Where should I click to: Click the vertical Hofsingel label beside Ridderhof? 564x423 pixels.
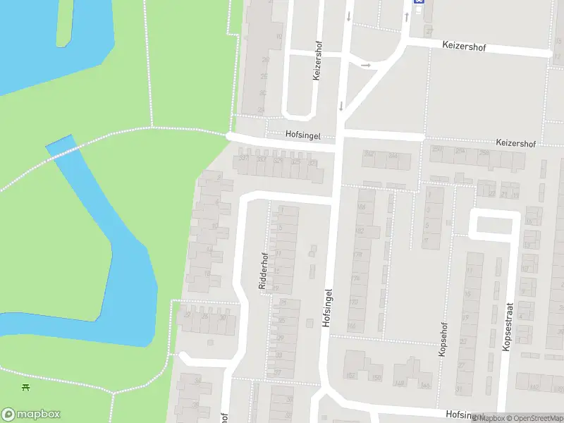(326, 307)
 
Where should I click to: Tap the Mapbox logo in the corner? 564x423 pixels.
(31, 415)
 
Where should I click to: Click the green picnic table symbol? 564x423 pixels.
(26, 387)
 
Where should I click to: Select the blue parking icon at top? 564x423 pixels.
(419, 2)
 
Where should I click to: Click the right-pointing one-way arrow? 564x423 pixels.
(365, 65)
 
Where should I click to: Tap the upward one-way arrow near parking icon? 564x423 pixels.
(406, 16)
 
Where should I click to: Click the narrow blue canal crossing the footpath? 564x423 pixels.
(61, 147)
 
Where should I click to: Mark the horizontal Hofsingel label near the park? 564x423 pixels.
(303, 134)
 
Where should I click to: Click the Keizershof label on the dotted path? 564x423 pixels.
(516, 143)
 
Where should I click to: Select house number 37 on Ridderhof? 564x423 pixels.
(278, 373)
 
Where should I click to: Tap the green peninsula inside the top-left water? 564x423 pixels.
(65, 21)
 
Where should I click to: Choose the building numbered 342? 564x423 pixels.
(369, 154)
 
